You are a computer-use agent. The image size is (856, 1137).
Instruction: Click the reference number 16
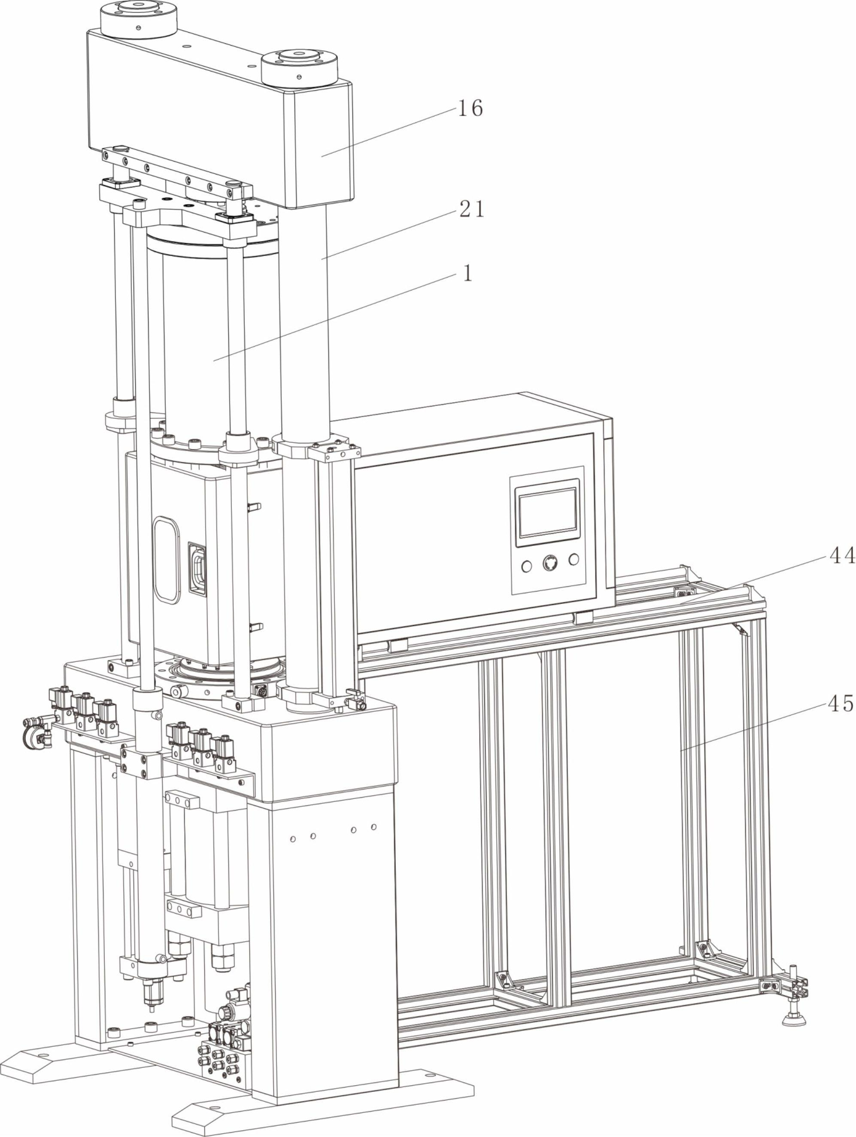[x=470, y=108]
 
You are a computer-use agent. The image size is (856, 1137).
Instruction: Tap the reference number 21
[x=471, y=209]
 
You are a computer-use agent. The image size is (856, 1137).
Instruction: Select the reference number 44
[x=841, y=556]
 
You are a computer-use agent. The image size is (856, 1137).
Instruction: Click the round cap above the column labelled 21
[x=299, y=66]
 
